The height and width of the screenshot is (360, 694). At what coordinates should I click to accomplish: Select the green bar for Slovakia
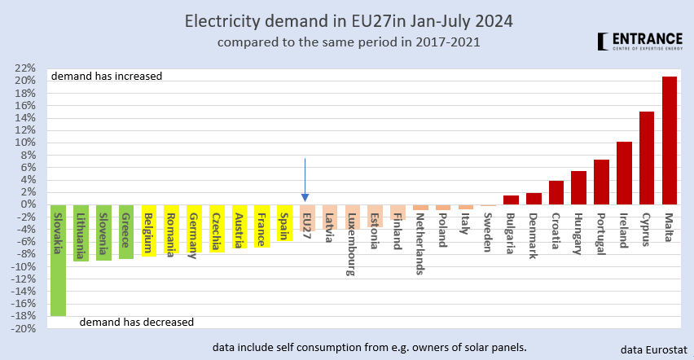[58, 260]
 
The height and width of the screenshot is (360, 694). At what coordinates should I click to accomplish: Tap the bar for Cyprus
[647, 158]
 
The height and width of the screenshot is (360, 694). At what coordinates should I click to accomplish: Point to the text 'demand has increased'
[107, 77]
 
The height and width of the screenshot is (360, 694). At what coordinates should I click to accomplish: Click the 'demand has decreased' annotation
[137, 322]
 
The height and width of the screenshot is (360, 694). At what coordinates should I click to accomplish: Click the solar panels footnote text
[363, 347]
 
